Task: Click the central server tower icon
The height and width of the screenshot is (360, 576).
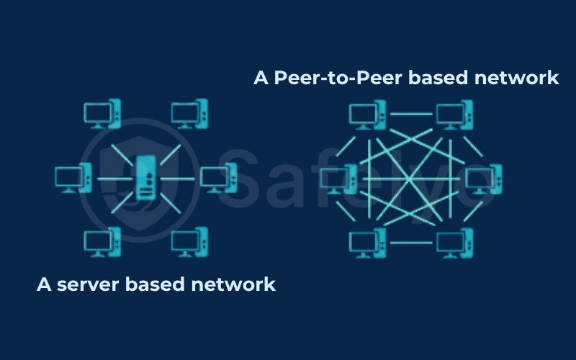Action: click(x=146, y=177)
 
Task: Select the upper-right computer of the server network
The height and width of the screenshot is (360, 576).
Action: click(x=189, y=114)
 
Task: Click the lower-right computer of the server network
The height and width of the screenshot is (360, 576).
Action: click(x=189, y=243)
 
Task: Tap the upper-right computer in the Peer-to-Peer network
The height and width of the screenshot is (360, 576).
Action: click(x=454, y=114)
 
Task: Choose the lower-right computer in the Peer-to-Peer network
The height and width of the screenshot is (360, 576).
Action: click(x=454, y=243)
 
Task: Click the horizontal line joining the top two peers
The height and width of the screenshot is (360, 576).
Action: click(x=411, y=113)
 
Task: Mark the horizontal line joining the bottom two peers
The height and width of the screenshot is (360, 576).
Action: click(x=411, y=243)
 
